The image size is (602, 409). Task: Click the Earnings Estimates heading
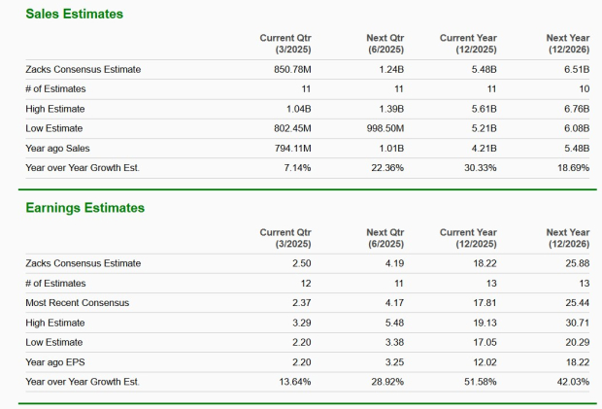click(84, 208)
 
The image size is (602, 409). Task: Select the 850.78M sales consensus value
click(289, 69)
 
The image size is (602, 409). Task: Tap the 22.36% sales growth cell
click(386, 168)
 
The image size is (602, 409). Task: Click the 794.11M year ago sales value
click(289, 148)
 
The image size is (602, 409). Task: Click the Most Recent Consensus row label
click(77, 303)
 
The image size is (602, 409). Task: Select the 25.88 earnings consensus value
click(576, 263)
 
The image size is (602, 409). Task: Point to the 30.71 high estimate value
click(576, 323)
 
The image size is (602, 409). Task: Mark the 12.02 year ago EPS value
click(484, 361)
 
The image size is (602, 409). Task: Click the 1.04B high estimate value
click(295, 109)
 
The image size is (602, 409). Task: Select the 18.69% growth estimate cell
click(571, 168)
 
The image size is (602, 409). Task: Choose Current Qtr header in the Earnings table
click(285, 238)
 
